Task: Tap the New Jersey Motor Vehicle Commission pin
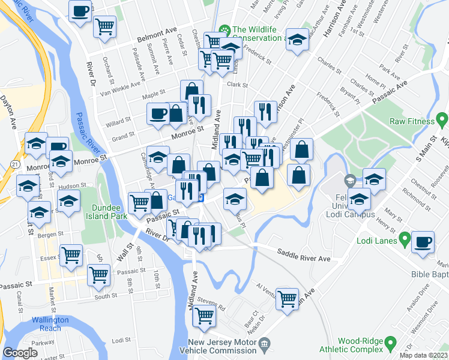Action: [x=265, y=345]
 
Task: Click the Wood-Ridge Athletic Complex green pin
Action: [x=391, y=343]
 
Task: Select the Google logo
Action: [x=20, y=353]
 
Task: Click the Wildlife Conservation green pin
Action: [x=224, y=30]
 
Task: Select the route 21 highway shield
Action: [x=13, y=164]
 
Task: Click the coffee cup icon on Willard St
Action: [x=159, y=113]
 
